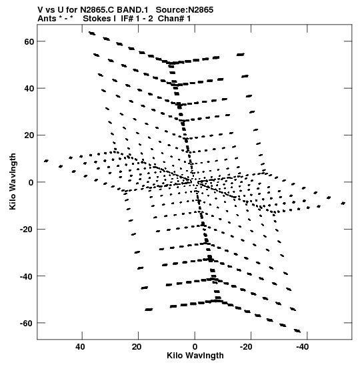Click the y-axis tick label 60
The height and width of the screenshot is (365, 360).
[29, 41]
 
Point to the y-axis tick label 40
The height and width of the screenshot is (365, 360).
[29, 89]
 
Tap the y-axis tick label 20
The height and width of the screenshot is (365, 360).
[29, 135]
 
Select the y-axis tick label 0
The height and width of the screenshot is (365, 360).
[31, 183]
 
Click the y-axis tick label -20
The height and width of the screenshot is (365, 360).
[27, 230]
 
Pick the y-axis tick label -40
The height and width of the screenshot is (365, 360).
[27, 276]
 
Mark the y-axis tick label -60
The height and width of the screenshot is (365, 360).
[27, 323]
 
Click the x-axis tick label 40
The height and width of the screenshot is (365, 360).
[80, 347]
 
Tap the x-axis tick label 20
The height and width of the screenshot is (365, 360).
[137, 347]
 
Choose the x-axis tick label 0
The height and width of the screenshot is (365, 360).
[195, 347]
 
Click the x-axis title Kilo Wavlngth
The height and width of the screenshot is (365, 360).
[195, 356]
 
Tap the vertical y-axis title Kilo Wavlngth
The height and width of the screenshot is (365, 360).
[13, 181]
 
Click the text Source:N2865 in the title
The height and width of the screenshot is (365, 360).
[185, 10]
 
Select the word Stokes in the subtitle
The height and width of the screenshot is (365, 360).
[97, 19]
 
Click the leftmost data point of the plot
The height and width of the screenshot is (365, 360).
[46, 161]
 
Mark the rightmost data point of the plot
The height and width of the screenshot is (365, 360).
[343, 204]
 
